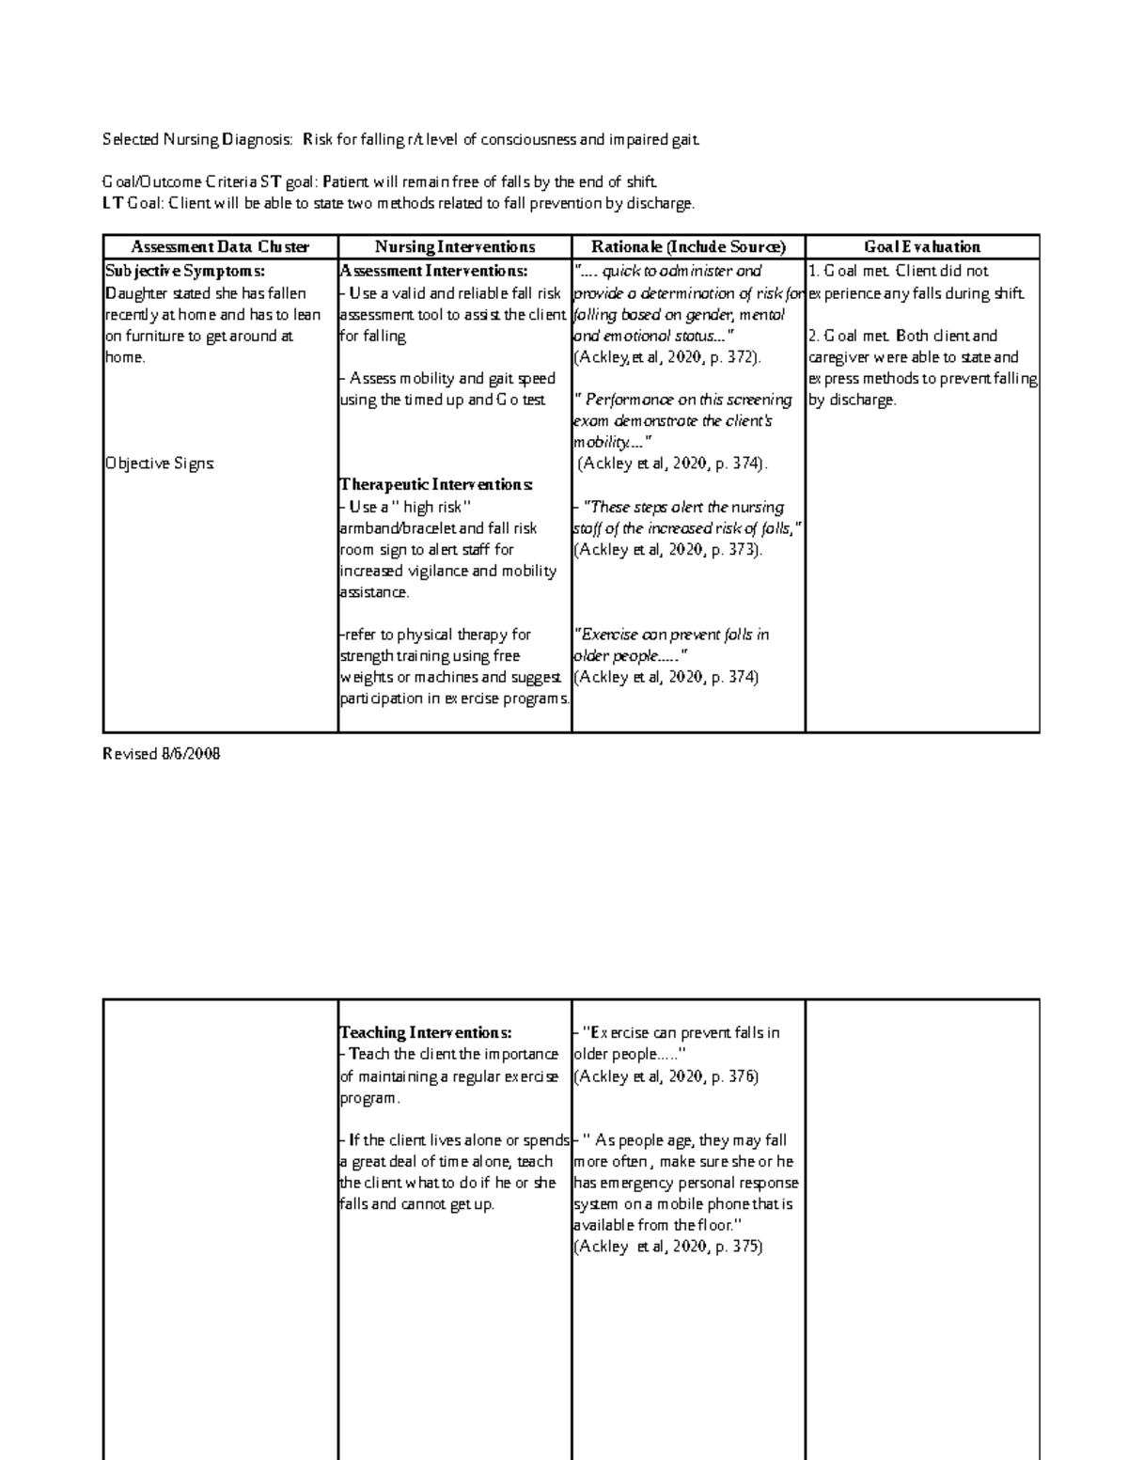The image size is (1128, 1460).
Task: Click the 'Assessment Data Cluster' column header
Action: [x=220, y=247]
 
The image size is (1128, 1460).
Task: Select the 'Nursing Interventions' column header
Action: [x=455, y=247]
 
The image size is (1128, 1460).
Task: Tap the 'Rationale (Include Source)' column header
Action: [x=688, y=247]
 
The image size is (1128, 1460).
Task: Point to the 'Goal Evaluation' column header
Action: [x=922, y=247]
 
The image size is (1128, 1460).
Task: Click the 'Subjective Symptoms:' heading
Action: [x=179, y=271]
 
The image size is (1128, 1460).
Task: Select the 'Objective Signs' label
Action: [x=161, y=463]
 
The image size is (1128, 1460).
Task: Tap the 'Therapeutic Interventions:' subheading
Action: [x=436, y=485]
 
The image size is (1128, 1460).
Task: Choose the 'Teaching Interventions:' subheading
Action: [x=426, y=1032]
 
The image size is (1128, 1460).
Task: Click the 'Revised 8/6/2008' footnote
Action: [x=161, y=754]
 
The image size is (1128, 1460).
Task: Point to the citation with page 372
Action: [x=667, y=357]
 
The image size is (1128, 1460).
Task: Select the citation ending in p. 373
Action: [x=667, y=550]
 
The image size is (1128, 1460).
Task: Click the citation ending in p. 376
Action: [x=666, y=1076]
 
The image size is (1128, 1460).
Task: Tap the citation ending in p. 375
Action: [x=667, y=1247]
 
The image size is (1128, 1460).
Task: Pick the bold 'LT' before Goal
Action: [x=112, y=203]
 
